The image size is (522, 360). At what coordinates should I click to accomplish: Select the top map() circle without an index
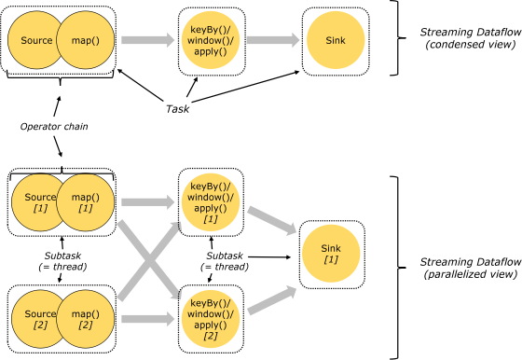coord(86,40)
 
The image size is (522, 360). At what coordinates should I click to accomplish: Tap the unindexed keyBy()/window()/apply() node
coord(210,40)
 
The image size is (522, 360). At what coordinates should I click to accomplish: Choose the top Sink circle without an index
coord(336,40)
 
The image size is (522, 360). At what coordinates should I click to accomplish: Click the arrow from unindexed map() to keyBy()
coord(148,40)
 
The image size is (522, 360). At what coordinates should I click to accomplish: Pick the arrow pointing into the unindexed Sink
coord(272,40)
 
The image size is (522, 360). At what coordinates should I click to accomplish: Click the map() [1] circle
coord(86,202)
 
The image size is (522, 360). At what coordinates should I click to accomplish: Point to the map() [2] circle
coord(86,319)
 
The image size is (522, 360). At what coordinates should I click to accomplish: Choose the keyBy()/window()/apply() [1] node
coord(210,202)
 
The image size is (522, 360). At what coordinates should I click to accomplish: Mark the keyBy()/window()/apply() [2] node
coord(210,319)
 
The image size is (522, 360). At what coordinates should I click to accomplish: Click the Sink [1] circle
coord(331,254)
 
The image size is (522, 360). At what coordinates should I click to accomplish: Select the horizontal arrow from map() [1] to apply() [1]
coord(148,202)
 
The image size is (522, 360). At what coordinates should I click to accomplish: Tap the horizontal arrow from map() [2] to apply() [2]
coord(148,319)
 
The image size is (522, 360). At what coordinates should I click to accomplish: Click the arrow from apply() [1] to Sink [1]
coord(271,221)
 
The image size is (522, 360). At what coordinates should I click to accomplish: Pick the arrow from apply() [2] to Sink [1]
coord(271,300)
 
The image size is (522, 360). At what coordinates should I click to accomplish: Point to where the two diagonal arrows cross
coord(148,261)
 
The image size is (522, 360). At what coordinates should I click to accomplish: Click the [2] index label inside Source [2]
coord(40,325)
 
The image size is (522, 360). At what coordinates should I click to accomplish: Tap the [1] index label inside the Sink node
coord(331,260)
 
